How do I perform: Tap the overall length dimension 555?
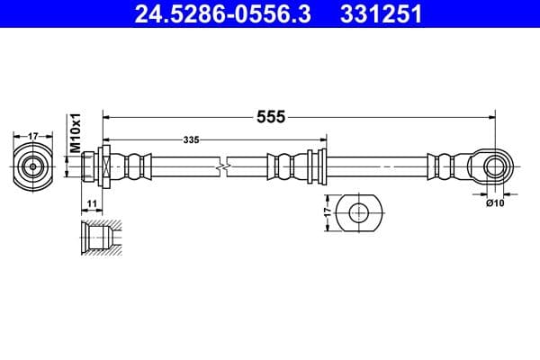pyautogui.click(x=272, y=117)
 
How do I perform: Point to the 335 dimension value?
pyautogui.click(x=191, y=140)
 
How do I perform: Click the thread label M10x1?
pyautogui.click(x=76, y=132)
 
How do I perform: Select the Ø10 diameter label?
pyautogui.click(x=494, y=203)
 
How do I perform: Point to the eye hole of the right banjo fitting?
pyautogui.click(x=493, y=166)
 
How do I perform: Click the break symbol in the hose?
pyautogui.click(x=222, y=166)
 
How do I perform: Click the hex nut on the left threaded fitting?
pyautogui.click(x=105, y=166)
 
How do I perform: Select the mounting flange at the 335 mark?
pyautogui.click(x=316, y=166)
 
